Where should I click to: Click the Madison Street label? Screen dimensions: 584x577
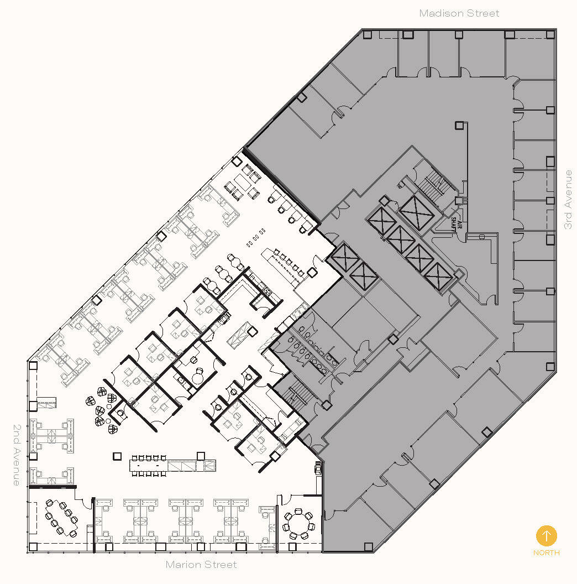[459, 13]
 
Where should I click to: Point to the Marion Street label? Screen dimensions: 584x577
[201, 565]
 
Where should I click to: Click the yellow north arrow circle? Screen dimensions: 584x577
[547, 535]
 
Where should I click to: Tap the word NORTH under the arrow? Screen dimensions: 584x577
[547, 552]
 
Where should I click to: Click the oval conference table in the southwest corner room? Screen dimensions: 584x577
[62, 518]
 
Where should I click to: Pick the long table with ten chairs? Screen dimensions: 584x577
[148, 466]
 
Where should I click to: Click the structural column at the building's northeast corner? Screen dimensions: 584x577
[550, 35]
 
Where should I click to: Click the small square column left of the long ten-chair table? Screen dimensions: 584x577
[117, 456]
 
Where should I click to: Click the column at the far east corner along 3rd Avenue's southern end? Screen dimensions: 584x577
[550, 366]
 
